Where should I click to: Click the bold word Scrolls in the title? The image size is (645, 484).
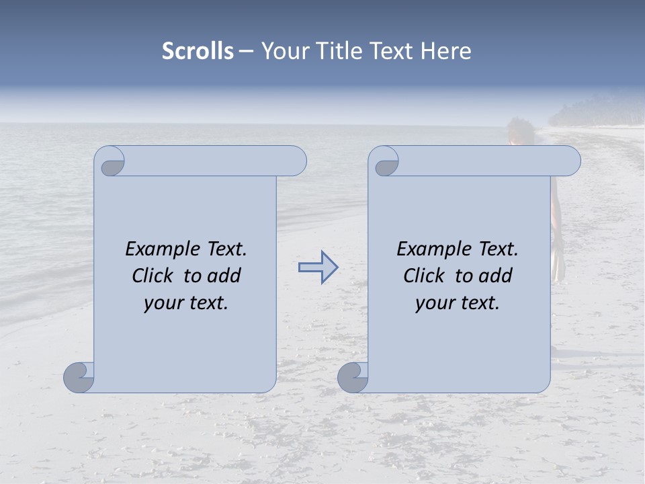point(198,51)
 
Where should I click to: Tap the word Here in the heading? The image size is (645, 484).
point(446,51)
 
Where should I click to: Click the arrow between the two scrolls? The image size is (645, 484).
point(318,268)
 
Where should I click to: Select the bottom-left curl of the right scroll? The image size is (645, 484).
point(353,377)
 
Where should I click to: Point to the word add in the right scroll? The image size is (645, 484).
point(495,276)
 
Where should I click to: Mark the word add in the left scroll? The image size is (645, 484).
point(224,276)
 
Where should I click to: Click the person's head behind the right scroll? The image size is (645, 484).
point(518,130)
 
